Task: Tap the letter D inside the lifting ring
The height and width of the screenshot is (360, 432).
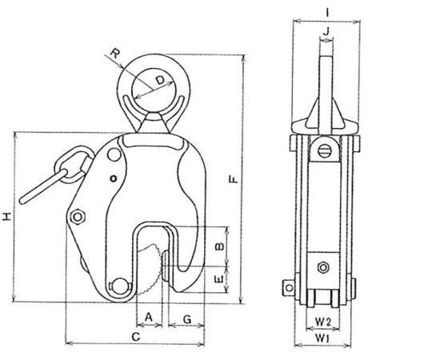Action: (x=159, y=80)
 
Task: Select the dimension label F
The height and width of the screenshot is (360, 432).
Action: (x=234, y=179)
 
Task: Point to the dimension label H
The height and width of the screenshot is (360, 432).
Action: (x=6, y=217)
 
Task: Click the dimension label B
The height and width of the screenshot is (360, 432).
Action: (x=219, y=246)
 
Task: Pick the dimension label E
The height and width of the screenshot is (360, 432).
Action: (x=219, y=279)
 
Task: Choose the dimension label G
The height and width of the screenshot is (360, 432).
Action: (x=187, y=319)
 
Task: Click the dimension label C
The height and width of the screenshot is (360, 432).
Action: (x=136, y=337)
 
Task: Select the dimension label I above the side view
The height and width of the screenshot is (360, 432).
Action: (x=326, y=13)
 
